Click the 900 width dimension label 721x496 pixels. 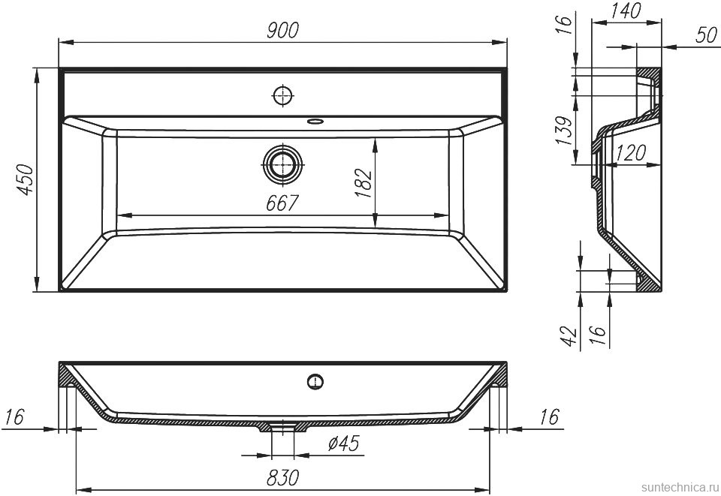(283, 30)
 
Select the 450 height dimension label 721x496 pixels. (26, 179)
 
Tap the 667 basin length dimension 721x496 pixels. (282, 203)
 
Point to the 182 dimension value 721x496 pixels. (364, 183)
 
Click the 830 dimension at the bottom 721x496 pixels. (282, 478)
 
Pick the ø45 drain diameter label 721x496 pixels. (343, 443)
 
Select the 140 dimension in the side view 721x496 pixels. (625, 11)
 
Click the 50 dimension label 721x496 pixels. (706, 35)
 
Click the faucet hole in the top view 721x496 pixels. (283, 97)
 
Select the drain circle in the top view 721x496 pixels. (283, 164)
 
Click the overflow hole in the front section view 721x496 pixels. (315, 381)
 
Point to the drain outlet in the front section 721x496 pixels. (283, 425)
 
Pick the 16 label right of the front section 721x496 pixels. (550, 417)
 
